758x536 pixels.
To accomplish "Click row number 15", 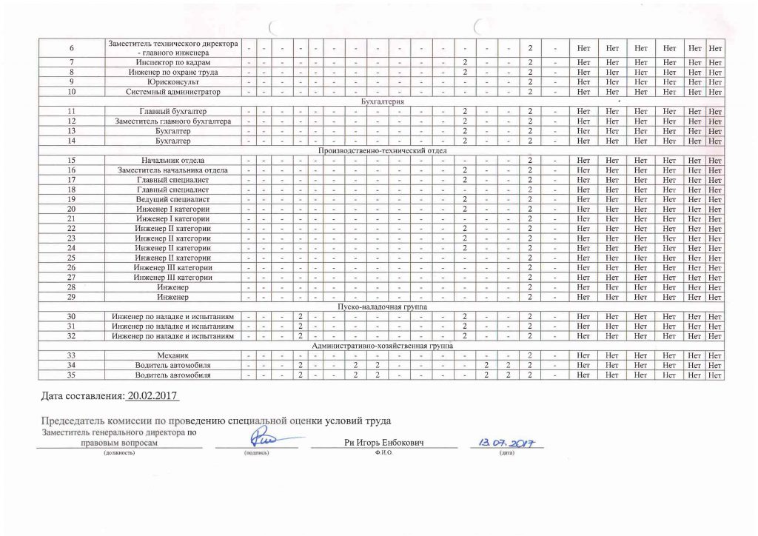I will coord(72,160).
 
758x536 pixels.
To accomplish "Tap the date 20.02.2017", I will coord(154,397).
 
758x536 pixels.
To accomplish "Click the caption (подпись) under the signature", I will coord(256,452).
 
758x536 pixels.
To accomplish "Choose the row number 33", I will coord(72,356).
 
